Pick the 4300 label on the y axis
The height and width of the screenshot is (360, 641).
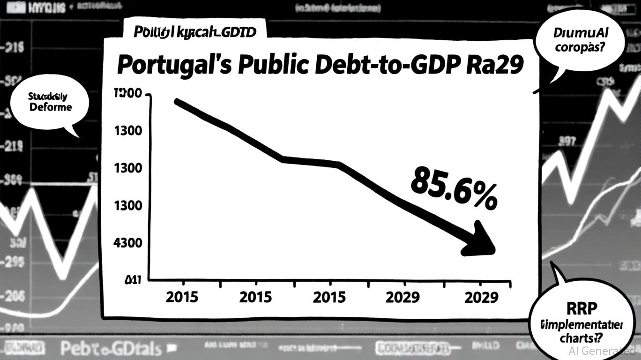[x=128, y=243]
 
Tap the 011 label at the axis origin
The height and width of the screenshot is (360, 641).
[x=133, y=281]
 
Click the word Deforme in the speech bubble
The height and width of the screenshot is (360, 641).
[x=51, y=107]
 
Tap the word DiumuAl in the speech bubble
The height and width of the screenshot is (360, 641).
[x=581, y=33]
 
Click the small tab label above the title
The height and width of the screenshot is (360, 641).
[x=194, y=32]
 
